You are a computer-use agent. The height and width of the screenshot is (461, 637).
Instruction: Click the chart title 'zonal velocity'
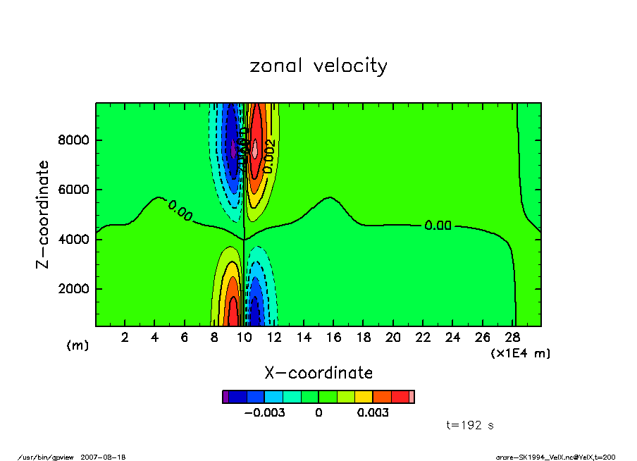(x=318, y=66)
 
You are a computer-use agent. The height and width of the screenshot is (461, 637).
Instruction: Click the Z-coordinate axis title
(x=43, y=214)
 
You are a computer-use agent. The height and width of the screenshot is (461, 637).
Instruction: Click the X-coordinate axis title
(x=318, y=373)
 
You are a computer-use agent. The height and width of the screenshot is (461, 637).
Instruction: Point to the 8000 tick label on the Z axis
(x=73, y=140)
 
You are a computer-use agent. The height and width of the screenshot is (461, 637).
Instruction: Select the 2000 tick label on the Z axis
(x=73, y=289)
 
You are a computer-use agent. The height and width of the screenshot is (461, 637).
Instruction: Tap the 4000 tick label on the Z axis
(x=73, y=240)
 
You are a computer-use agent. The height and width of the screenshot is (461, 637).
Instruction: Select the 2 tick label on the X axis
(x=125, y=337)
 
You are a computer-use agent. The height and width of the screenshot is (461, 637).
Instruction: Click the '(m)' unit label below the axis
(x=78, y=345)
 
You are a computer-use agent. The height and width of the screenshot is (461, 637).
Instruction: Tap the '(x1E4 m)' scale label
(x=520, y=353)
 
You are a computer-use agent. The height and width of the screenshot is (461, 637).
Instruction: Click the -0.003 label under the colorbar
(x=264, y=413)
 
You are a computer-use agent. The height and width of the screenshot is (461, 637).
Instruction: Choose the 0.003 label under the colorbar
(x=373, y=413)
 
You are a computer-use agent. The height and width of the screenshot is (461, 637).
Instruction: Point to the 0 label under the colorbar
(x=318, y=413)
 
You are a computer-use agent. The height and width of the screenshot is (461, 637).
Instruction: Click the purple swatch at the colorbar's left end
(x=225, y=397)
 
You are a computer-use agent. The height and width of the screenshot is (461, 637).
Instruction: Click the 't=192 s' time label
(x=470, y=425)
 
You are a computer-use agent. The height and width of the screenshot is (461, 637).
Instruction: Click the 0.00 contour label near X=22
(x=437, y=226)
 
